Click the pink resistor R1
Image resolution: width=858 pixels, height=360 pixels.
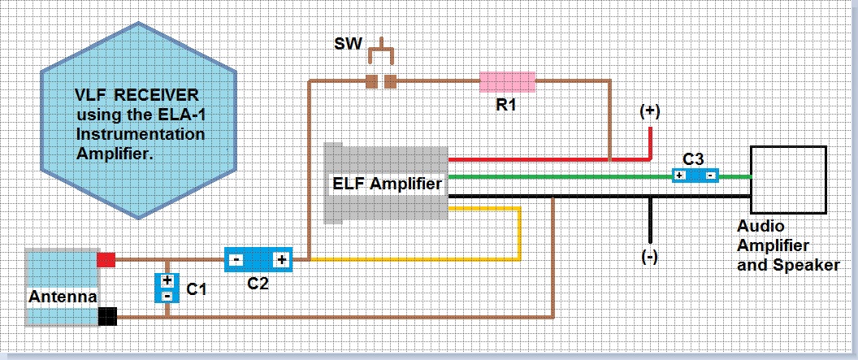pos(507,81)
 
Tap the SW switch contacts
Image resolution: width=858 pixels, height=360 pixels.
pos(380,81)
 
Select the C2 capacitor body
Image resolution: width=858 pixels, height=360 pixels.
pos(258,260)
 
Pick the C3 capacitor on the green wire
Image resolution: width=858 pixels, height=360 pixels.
pos(695,176)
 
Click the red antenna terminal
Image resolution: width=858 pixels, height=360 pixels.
pos(106,260)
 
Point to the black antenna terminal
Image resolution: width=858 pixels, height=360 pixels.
pos(106,316)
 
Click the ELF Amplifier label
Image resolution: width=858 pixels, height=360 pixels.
pos(387,184)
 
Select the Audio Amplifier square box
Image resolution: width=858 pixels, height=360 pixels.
pos(788,180)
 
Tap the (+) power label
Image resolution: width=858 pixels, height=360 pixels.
pos(650,112)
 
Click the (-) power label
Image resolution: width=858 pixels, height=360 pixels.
pos(649,257)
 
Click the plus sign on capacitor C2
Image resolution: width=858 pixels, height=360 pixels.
pos(281,260)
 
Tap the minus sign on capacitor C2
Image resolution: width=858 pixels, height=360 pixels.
pos(236,260)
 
